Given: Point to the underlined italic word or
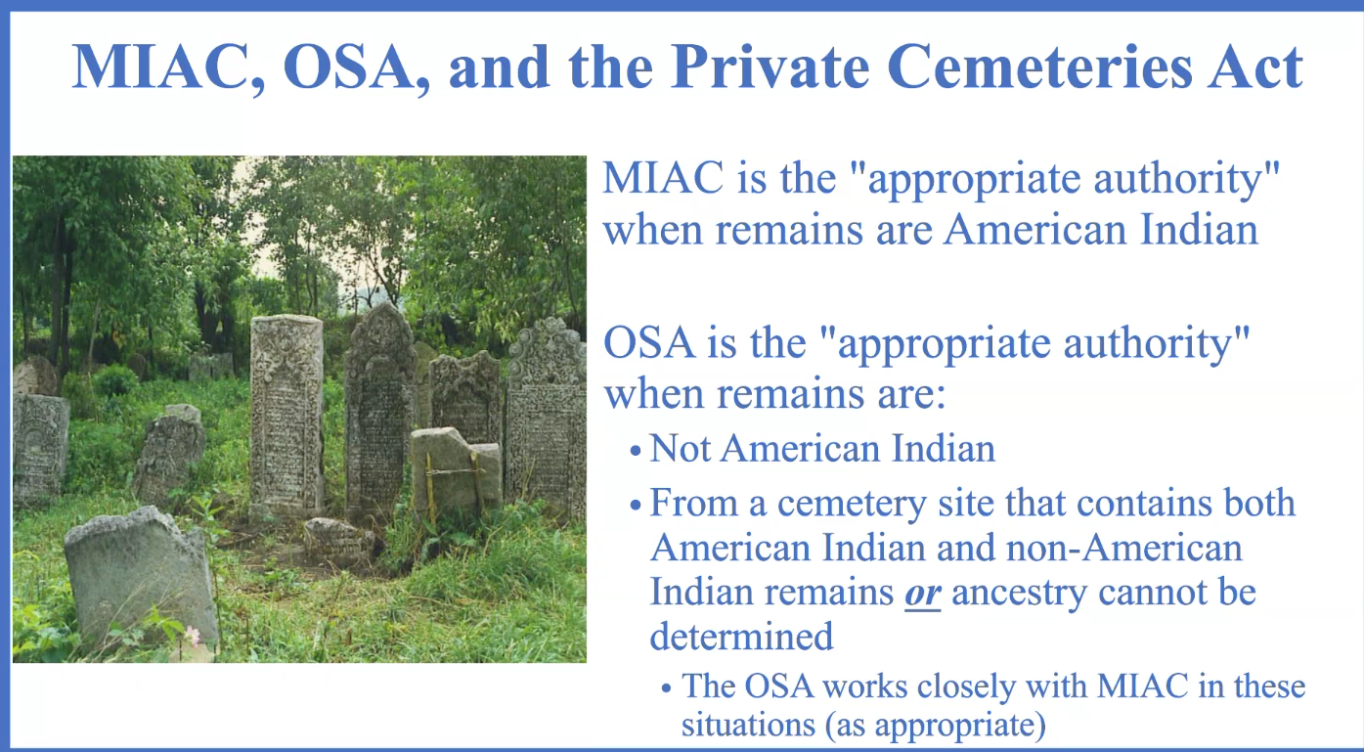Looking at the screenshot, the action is coord(922,593).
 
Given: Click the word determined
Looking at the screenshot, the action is coord(741,637).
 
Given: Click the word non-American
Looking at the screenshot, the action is coord(1123,548).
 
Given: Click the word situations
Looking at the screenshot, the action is coord(747,725).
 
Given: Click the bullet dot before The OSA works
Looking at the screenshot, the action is coord(667,689).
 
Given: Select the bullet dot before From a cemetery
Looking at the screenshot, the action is coord(636,506).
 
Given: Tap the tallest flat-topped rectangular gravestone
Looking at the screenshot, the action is coord(286,414).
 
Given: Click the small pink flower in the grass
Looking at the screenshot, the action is coord(193,635).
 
